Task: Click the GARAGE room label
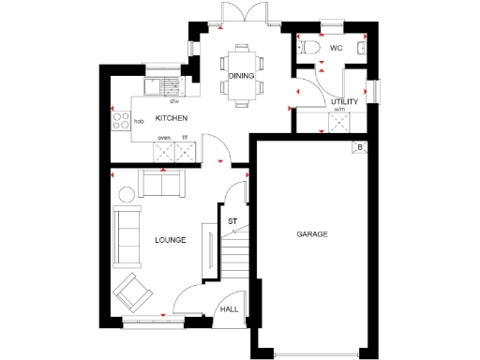(x=312, y=233)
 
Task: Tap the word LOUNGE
(x=171, y=240)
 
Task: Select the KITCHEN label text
(x=172, y=118)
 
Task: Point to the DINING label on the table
(x=241, y=77)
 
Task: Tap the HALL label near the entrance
(x=229, y=309)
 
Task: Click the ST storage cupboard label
(x=232, y=221)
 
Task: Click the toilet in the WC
(x=309, y=46)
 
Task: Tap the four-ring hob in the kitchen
(x=122, y=119)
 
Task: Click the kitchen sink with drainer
(x=167, y=86)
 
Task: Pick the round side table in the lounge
(x=126, y=195)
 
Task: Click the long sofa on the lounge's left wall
(x=124, y=235)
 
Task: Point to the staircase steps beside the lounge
(x=235, y=253)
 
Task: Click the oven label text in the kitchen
(x=163, y=138)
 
